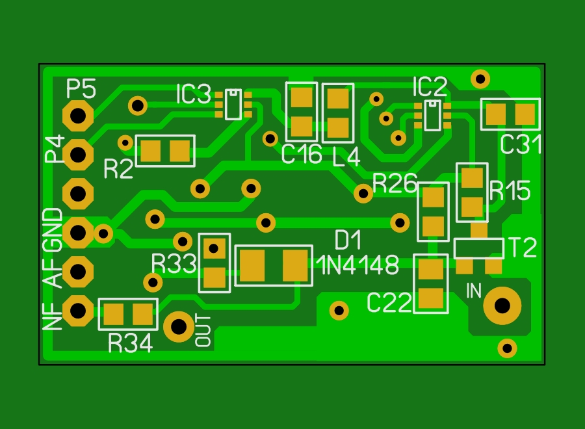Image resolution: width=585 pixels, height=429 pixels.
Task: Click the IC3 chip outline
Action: [233, 105]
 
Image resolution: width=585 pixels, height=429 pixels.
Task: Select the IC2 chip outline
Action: [433, 115]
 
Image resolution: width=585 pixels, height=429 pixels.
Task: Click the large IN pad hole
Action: [502, 306]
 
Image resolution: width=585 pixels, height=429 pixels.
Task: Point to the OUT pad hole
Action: [179, 327]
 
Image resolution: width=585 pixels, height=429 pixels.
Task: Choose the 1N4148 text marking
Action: [357, 265]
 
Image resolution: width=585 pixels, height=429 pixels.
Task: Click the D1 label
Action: [348, 240]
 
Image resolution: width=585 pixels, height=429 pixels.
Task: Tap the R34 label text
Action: [131, 343]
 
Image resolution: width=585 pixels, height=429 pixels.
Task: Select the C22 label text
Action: [389, 302]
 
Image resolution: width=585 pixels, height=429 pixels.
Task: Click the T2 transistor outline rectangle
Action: [479, 248]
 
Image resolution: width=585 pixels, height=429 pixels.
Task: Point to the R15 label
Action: [510, 190]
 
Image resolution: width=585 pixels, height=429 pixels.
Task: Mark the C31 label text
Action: [521, 145]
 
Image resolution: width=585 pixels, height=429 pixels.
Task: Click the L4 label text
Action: [346, 157]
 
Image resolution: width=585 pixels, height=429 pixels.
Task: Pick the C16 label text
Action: [302, 154]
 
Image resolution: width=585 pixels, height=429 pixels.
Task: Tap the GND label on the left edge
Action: [53, 231]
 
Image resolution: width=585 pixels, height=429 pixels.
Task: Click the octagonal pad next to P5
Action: [78, 116]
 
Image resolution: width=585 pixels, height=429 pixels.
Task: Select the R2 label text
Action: [118, 168]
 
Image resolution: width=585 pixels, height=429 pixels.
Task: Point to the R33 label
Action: [174, 264]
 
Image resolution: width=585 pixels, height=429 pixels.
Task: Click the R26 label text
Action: [395, 183]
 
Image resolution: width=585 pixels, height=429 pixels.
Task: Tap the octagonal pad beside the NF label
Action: [78, 311]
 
